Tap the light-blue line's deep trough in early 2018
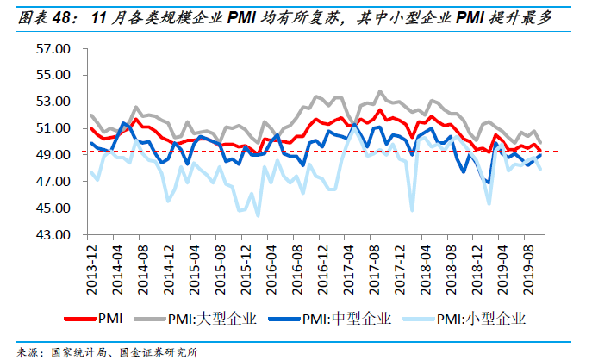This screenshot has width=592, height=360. click(412, 209)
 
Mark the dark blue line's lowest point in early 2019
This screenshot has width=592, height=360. click(489, 183)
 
